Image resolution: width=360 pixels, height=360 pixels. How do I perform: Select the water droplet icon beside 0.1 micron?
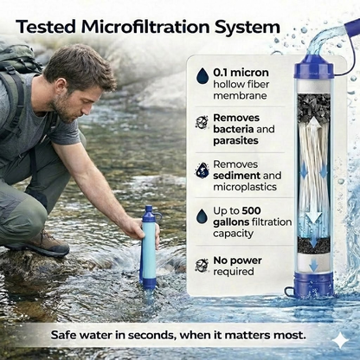point(202,76)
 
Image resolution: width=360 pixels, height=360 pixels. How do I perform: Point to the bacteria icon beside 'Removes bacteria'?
point(202,122)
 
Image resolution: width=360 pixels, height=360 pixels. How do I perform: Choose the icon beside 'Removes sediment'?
point(202,169)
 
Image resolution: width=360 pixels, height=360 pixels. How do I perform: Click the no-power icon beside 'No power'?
point(202,262)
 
